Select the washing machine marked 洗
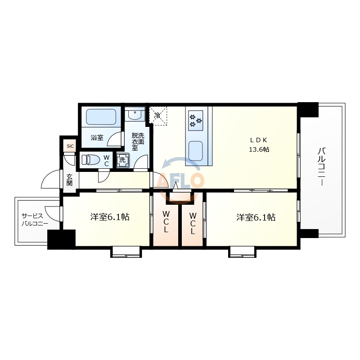[122, 160]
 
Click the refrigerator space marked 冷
[158, 116]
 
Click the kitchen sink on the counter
[196, 150]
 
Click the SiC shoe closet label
[70, 146]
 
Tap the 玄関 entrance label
[70, 180]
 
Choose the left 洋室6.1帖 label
[110, 217]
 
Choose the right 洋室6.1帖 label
[256, 217]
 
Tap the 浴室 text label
[97, 138]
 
